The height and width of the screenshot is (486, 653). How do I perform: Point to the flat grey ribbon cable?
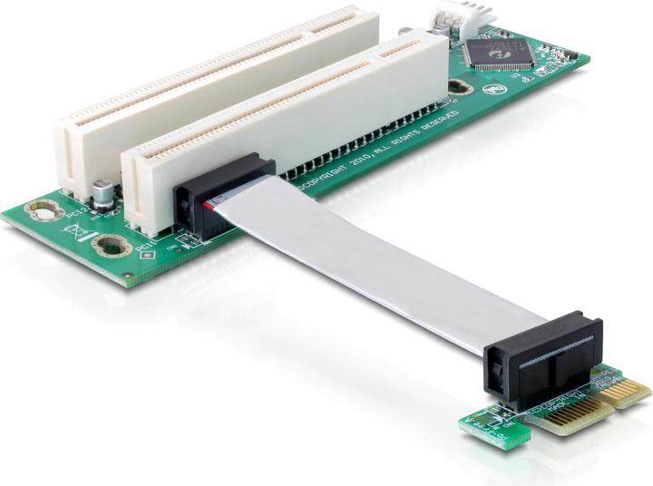click(x=381, y=263)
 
